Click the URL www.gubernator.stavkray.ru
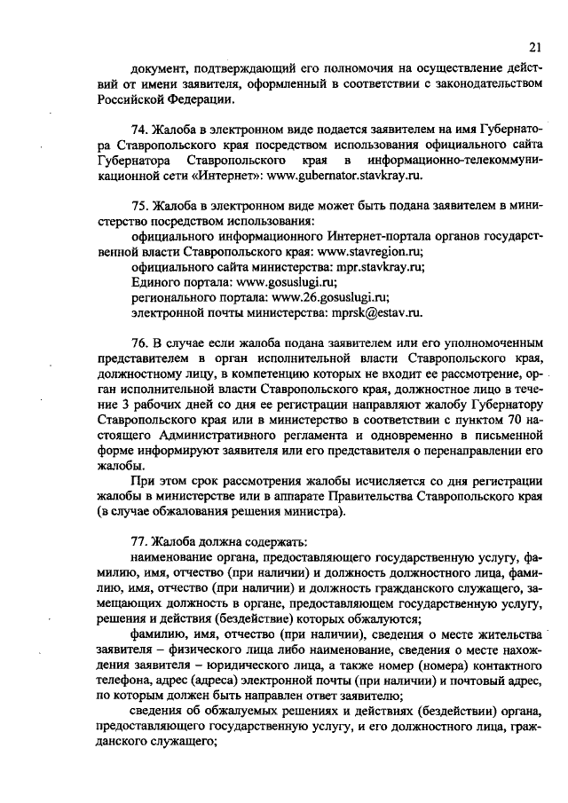(x=341, y=177)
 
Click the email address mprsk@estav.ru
(x=371, y=312)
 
